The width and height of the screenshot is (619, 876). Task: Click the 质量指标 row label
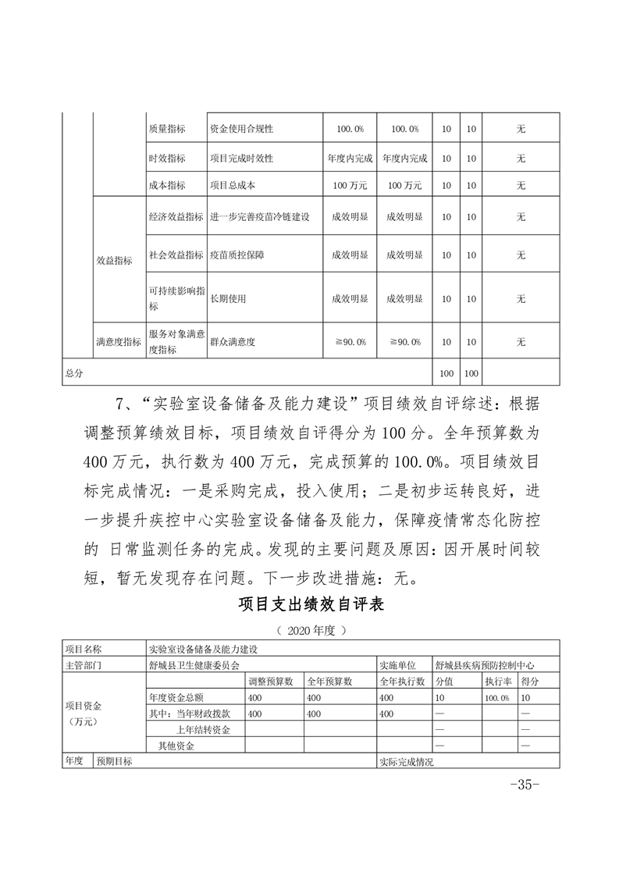(x=166, y=129)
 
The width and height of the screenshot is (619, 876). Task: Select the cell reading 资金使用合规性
(x=240, y=129)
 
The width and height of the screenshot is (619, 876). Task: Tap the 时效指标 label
(x=166, y=158)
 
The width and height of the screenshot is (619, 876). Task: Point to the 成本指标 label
(x=166, y=186)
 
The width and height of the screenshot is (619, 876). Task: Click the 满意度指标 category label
(x=119, y=342)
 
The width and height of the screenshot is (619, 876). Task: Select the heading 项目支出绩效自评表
(x=309, y=605)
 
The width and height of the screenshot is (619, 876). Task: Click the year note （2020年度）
(x=310, y=629)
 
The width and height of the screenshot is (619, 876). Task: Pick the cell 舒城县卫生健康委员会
(x=194, y=665)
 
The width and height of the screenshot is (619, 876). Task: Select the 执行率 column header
(x=496, y=682)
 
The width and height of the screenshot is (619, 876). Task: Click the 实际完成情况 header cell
(x=406, y=761)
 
